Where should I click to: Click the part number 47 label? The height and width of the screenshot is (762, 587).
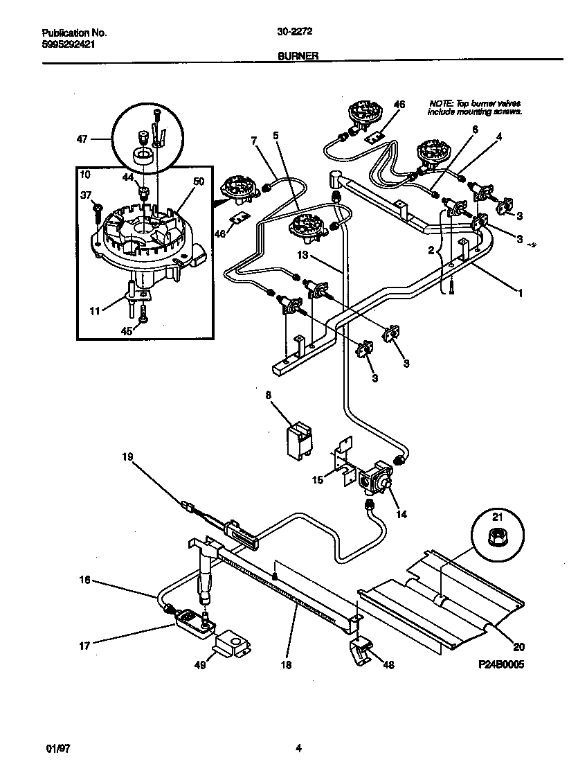click(x=82, y=139)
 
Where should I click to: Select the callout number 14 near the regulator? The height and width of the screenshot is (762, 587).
click(x=401, y=514)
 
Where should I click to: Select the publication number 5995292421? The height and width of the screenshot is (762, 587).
click(x=69, y=43)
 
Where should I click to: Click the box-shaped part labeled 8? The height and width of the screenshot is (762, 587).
click(x=298, y=439)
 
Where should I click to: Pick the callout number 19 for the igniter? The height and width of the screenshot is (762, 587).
click(x=127, y=457)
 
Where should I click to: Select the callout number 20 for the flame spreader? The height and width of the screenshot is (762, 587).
click(x=519, y=648)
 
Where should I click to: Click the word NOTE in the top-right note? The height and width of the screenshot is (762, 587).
click(x=440, y=103)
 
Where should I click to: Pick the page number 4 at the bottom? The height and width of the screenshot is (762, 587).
click(x=298, y=747)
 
